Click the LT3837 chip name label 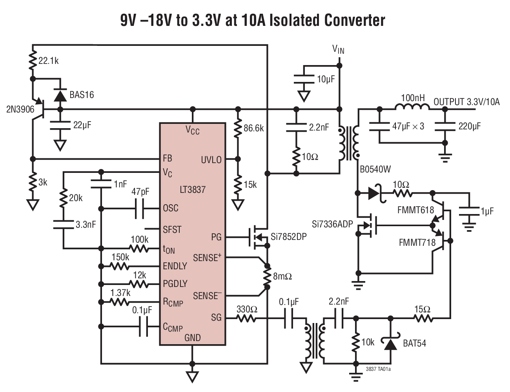pos(192,190)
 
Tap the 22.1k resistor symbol pos(33,61)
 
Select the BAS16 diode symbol pos(60,95)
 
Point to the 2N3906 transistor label pos(20,109)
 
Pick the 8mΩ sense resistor pos(267,277)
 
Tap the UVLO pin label pos(211,160)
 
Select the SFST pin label pos(172,229)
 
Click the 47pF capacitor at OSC pos(140,208)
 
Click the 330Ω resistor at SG pos(247,318)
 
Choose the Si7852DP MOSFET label pos(288,237)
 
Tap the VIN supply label pos(338,49)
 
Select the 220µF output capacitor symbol pos(444,126)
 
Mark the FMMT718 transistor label pos(417,243)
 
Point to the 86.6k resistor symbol pos(238,128)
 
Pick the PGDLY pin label pos(175,284)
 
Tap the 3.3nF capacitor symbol pos(63,224)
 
